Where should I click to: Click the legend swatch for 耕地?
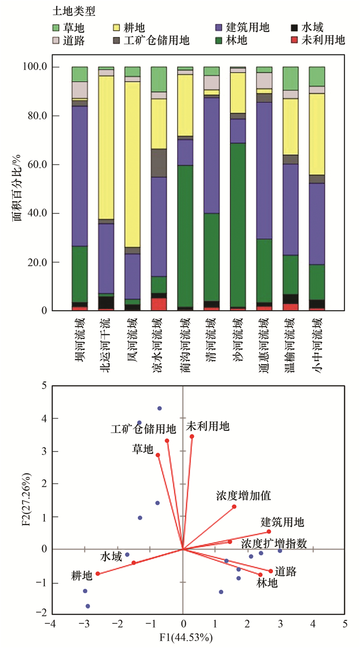point(116,28)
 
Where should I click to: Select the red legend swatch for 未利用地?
point(294,40)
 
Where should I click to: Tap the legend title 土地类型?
point(74,11)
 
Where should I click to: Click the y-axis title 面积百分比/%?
point(16,188)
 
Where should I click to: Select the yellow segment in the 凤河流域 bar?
point(133,165)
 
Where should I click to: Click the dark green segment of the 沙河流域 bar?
point(238,225)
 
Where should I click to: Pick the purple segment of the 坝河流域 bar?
point(80,176)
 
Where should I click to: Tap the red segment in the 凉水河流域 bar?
point(159,304)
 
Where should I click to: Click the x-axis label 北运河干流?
point(106,345)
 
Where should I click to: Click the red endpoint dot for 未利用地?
point(192,437)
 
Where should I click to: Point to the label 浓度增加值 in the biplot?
point(243,496)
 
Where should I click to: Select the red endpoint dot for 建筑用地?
point(269,531)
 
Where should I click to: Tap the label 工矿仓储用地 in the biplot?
point(143,429)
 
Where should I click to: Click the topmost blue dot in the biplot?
point(159,408)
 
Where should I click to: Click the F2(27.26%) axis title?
point(27,499)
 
